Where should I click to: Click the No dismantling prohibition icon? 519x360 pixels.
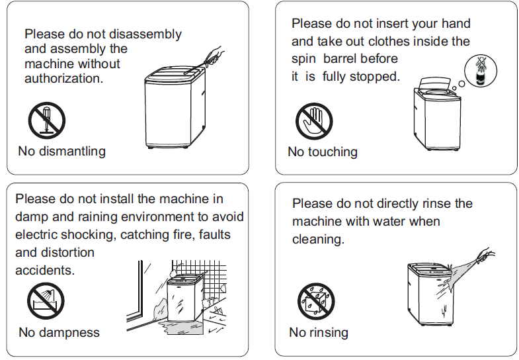[46, 121]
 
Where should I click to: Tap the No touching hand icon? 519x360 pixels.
[313, 122]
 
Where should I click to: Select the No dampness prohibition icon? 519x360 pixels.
[46, 300]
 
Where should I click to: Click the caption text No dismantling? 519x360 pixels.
[61, 152]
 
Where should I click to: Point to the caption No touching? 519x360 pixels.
[323, 152]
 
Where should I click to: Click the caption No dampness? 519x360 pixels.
[59, 332]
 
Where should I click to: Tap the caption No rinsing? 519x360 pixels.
[319, 332]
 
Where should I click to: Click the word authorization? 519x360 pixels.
[64, 79]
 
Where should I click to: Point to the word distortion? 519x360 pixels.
[67, 253]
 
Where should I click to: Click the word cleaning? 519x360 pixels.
[318, 239]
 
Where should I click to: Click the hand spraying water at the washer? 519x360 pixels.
[487, 256]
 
